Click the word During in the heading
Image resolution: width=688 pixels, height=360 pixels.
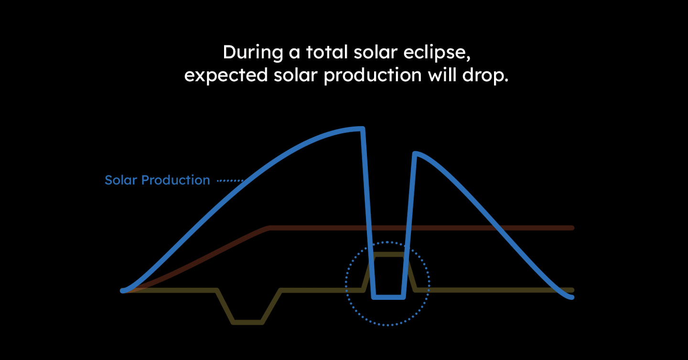(253, 52)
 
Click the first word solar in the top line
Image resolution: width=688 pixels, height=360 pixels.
(376, 52)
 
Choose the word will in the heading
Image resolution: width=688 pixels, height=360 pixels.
(442, 75)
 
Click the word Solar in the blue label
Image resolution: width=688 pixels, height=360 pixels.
(120, 180)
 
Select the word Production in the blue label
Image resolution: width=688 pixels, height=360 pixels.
(175, 180)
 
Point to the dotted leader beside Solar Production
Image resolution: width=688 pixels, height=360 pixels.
(230, 181)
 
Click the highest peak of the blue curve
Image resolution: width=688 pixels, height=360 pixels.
(363, 128)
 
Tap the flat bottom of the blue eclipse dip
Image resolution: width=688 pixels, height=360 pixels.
(388, 297)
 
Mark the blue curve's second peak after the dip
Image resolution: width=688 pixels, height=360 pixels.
(415, 153)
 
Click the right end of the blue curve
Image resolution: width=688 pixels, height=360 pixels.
(572, 297)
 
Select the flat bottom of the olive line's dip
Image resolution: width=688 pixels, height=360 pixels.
(247, 322)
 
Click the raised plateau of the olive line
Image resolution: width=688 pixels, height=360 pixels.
(388, 254)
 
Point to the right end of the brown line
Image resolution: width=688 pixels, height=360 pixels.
(572, 228)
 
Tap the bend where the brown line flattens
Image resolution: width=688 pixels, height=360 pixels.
(269, 228)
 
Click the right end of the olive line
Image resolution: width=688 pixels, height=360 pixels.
(572, 290)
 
